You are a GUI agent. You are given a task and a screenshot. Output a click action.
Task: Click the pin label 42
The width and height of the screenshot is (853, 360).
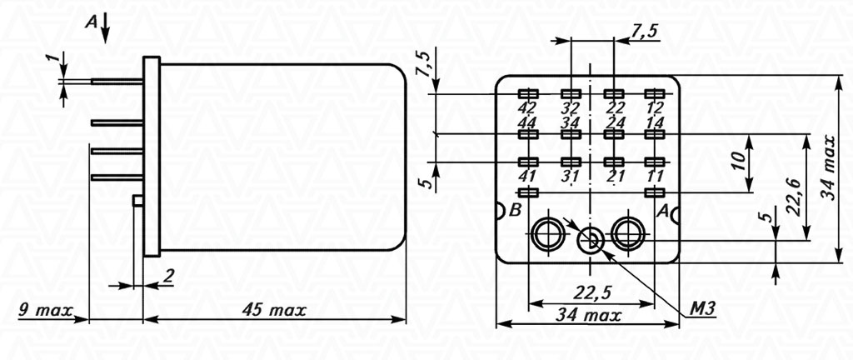pyautogui.click(x=527, y=107)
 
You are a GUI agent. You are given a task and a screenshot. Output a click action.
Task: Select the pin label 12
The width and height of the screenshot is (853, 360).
pyautogui.click(x=656, y=107)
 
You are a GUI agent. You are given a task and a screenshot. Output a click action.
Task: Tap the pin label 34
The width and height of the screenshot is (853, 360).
pyautogui.click(x=571, y=121)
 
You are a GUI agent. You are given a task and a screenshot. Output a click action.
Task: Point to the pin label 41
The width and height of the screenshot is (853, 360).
pyautogui.click(x=527, y=176)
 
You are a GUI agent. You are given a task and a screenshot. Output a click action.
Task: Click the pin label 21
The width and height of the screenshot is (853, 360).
pyautogui.click(x=614, y=176)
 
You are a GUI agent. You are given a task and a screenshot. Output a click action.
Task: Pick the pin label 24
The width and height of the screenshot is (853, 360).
pyautogui.click(x=614, y=121)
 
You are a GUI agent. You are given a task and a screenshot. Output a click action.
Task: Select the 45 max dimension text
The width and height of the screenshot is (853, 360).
pyautogui.click(x=274, y=311)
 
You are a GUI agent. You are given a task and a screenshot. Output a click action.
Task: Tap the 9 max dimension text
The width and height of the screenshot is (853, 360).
pyautogui.click(x=46, y=311)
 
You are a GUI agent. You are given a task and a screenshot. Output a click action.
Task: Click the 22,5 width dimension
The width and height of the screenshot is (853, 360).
pyautogui.click(x=591, y=292)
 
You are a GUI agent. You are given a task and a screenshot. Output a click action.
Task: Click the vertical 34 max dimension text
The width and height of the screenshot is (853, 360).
pyautogui.click(x=829, y=168)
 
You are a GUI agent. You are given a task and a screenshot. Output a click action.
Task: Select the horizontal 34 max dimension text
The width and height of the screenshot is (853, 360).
pyautogui.click(x=588, y=314)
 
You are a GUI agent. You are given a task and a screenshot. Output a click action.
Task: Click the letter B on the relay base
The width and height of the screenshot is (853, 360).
pyautogui.click(x=515, y=211)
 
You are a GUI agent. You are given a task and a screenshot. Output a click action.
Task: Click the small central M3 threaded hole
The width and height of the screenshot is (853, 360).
pyautogui.click(x=591, y=240)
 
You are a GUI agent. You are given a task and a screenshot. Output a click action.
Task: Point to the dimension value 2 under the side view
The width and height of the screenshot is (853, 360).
pyautogui.click(x=168, y=277)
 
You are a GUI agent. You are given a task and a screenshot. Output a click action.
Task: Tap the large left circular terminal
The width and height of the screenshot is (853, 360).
pyautogui.click(x=548, y=234)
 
